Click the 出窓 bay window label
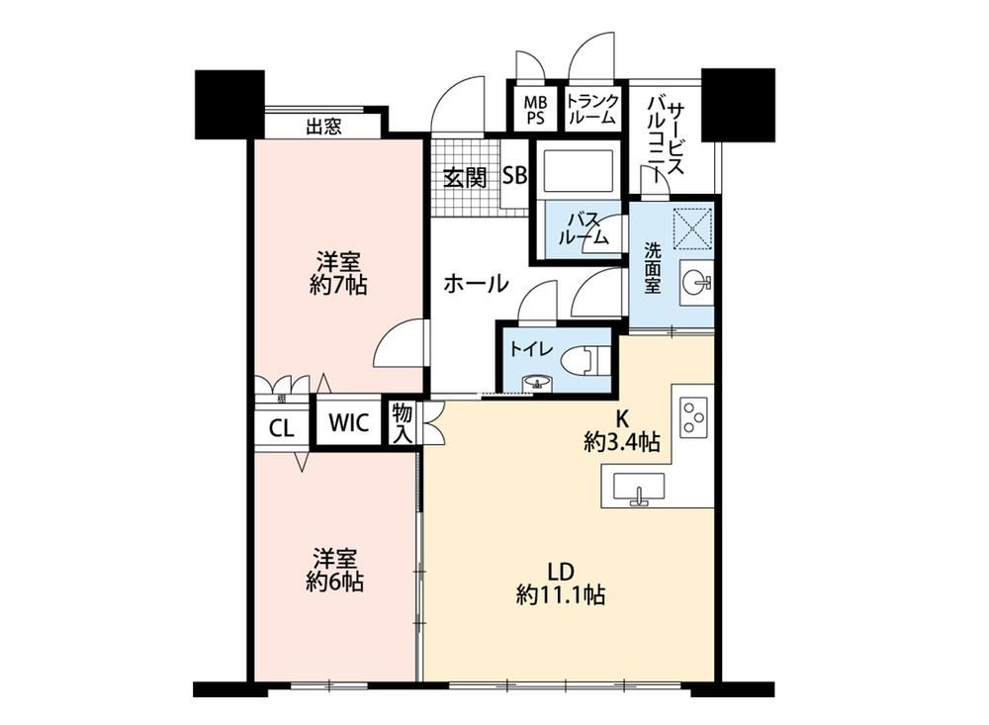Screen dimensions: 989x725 pyautogui.click(x=324, y=127)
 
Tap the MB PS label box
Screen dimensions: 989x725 pyautogui.click(x=535, y=111)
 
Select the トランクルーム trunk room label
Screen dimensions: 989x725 pyautogui.click(x=592, y=109)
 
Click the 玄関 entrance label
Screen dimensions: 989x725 pyautogui.click(x=465, y=178)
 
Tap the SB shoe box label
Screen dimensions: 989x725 pyautogui.click(x=514, y=175)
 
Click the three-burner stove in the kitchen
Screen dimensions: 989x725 pyautogui.click(x=693, y=417)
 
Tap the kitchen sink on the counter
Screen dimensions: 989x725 pyautogui.click(x=639, y=489)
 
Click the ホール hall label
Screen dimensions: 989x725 pyautogui.click(x=476, y=283)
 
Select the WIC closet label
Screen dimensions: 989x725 pyautogui.click(x=348, y=422)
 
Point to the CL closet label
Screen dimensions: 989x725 pyautogui.click(x=281, y=429)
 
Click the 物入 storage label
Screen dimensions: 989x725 pyautogui.click(x=402, y=422)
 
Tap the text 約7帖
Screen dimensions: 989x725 pyautogui.click(x=338, y=286)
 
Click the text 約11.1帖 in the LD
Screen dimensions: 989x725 pyautogui.click(x=561, y=594)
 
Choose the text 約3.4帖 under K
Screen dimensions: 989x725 pyautogui.click(x=621, y=442)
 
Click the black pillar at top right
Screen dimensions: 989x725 pyautogui.click(x=738, y=105)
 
